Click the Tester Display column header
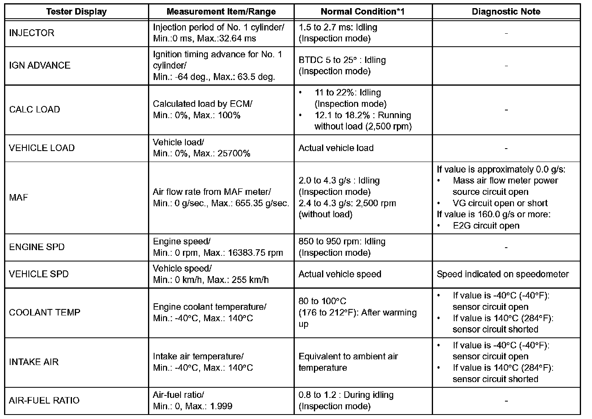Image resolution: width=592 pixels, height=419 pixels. pyautogui.click(x=76, y=11)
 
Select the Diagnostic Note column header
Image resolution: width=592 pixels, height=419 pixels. pyautogui.click(x=506, y=11)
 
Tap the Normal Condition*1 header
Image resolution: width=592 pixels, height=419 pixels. pyautogui.click(x=362, y=11)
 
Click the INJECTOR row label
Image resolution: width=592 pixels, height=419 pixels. pyautogui.click(x=31, y=33)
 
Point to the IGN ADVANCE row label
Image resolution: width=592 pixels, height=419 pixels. pyautogui.click(x=39, y=65)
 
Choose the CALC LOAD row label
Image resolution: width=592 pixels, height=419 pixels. pyautogui.click(x=35, y=110)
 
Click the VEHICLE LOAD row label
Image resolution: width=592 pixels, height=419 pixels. pyautogui.click(x=41, y=148)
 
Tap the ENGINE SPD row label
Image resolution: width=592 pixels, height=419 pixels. pyautogui.click(x=37, y=247)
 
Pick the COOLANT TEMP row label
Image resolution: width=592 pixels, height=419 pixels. pyautogui.click(x=45, y=313)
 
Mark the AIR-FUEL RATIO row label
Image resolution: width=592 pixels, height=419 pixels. pyautogui.click(x=44, y=400)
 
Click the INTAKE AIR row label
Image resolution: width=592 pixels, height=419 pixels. pyautogui.click(x=34, y=362)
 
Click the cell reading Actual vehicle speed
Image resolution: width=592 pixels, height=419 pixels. pyautogui.click(x=340, y=274)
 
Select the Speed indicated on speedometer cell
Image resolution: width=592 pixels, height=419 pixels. pyautogui.click(x=503, y=274)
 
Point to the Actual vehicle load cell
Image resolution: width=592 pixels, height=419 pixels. pyautogui.click(x=336, y=148)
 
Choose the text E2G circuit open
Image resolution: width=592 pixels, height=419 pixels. pyautogui.click(x=486, y=225)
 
